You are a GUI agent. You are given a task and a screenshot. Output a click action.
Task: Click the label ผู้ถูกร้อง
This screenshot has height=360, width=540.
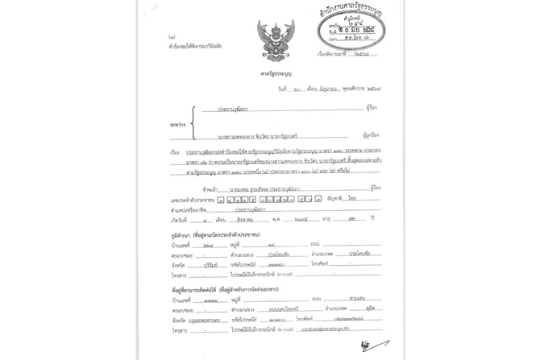pyautogui.click(x=372, y=136)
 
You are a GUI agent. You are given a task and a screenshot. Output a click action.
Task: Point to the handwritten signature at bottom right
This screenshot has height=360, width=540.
pyautogui.click(x=370, y=346)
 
